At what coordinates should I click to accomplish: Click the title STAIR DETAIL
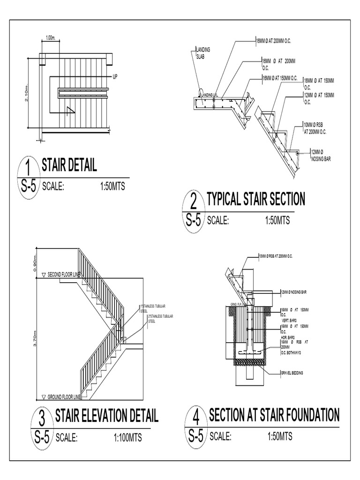tap(69, 165)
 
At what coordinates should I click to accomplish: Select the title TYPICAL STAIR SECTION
tap(255, 199)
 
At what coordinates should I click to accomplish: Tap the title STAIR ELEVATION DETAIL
tap(107, 415)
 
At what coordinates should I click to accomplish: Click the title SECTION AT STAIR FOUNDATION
tap(274, 414)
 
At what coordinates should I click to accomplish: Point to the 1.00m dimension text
tap(51, 38)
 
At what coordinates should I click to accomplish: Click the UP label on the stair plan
tap(115, 76)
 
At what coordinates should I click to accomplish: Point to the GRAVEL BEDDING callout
tap(292, 373)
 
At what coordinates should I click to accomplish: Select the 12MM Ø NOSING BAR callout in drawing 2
tap(321, 155)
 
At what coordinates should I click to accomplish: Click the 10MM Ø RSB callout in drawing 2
tap(315, 128)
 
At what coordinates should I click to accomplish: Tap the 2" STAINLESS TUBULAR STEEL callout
tap(161, 319)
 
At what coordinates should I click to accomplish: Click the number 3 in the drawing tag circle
tap(42, 417)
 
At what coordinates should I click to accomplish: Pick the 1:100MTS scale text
tap(127, 438)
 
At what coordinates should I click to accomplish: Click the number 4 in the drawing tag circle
tap(196, 417)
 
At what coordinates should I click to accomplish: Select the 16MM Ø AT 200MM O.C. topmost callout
tap(274, 41)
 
